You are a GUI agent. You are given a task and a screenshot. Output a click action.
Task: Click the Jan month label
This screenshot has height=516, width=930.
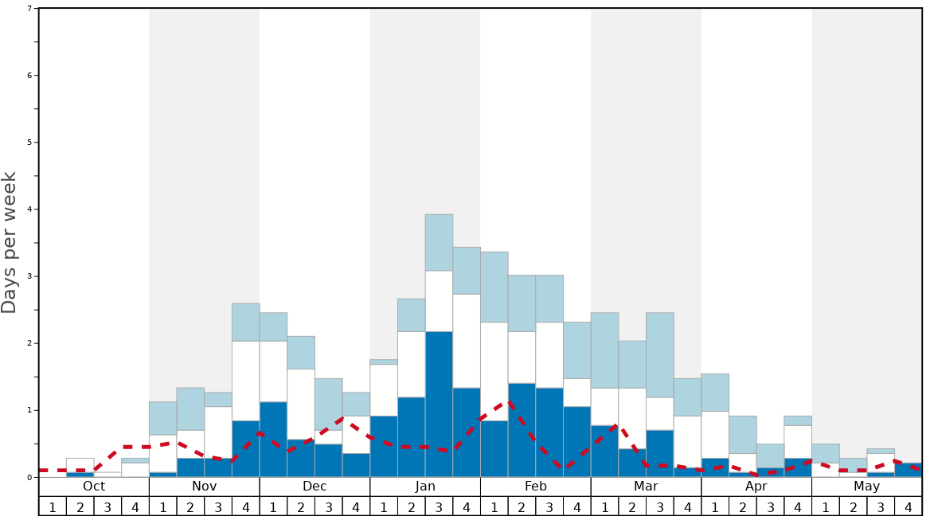(425, 487)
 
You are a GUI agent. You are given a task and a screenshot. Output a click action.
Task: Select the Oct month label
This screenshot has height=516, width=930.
(94, 487)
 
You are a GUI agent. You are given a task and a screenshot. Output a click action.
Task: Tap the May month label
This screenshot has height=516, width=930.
(867, 487)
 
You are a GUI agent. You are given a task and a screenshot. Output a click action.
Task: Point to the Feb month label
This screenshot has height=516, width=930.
(536, 487)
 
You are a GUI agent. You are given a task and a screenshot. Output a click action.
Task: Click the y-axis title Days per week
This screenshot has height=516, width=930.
(10, 243)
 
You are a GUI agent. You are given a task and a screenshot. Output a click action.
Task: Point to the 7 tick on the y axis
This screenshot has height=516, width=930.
(29, 9)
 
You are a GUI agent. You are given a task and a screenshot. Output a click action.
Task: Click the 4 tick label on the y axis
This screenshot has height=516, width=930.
(29, 209)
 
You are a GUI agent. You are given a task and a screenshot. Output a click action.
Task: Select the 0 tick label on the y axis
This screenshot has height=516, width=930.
(29, 477)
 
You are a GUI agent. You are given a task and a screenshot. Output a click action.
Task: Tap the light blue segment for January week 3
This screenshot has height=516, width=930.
(439, 242)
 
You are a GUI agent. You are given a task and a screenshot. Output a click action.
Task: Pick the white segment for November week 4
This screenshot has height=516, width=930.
(245, 381)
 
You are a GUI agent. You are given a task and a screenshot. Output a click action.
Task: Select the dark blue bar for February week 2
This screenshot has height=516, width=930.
(522, 430)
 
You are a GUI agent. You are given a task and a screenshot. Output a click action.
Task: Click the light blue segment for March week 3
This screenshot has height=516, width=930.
(659, 354)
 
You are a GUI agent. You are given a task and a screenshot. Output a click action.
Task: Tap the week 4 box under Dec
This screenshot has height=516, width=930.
(356, 506)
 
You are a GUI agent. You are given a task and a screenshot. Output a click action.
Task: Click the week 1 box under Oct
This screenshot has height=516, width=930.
(53, 506)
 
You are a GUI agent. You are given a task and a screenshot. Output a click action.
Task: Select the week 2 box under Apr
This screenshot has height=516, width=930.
(743, 506)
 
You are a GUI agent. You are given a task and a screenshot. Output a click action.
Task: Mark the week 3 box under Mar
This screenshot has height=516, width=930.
(660, 506)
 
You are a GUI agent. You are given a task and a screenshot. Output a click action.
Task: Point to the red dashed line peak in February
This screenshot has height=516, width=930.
(510, 403)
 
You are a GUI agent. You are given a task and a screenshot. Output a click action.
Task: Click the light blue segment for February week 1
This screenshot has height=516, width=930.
(494, 287)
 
